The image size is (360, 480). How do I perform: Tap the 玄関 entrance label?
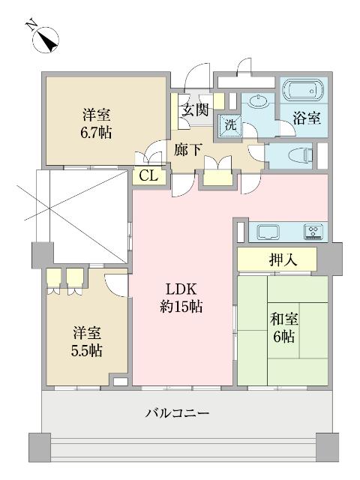tap(192, 109)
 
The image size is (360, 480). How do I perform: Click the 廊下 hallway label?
tap(187, 148)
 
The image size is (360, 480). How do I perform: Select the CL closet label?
tap(148, 177)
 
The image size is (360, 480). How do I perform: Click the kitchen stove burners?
tap(312, 231)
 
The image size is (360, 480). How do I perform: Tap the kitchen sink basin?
tap(268, 232)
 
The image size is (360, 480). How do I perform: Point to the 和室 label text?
tap(283, 319)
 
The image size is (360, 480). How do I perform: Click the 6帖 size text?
tap(284, 337)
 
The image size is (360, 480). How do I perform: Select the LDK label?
tap(182, 289)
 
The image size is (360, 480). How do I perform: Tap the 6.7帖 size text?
tap(97, 133)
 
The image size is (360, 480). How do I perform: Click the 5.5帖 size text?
tap(88, 350)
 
